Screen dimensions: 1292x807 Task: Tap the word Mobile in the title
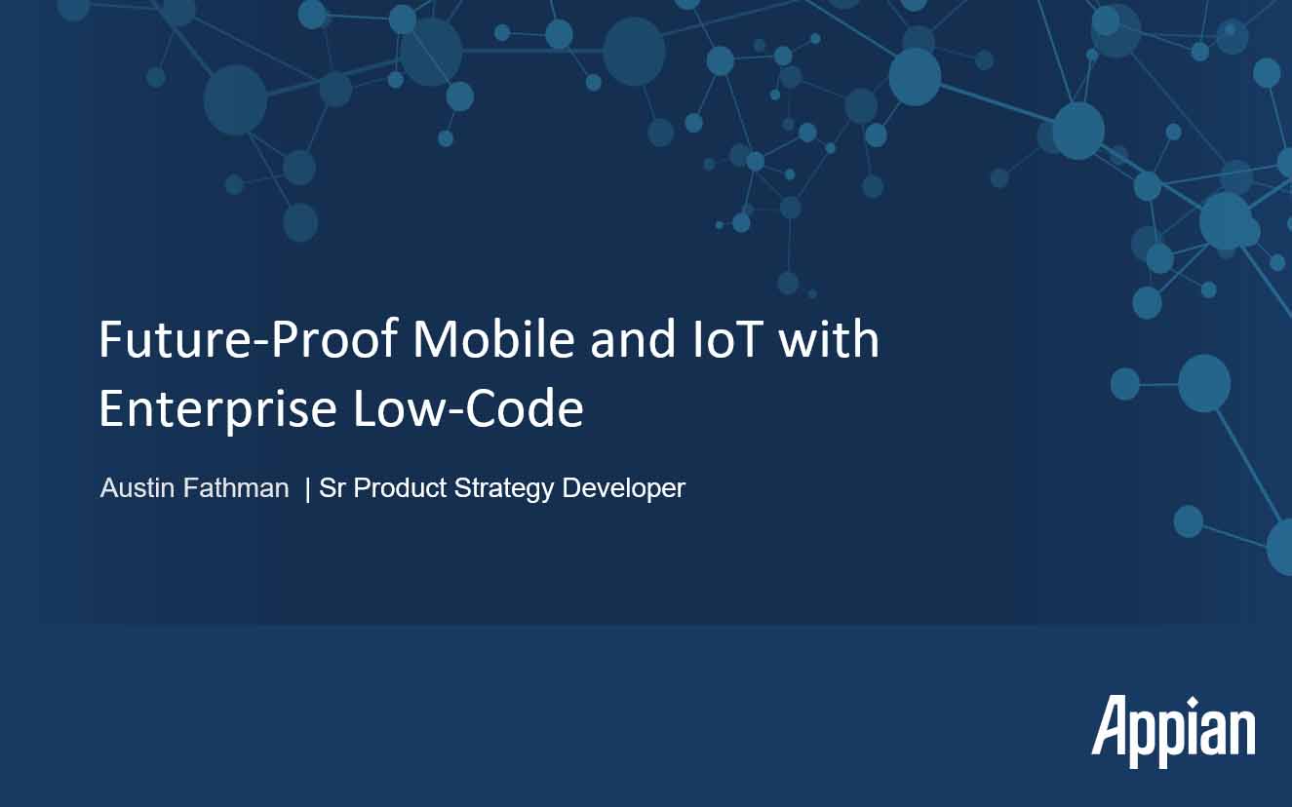pos(493,339)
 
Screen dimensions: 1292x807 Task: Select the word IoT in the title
pos(727,339)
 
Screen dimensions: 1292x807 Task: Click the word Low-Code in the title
pos(468,408)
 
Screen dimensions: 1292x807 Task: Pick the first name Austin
pos(137,487)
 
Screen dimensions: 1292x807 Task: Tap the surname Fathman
pos(236,487)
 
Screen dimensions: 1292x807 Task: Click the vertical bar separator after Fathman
pos(307,489)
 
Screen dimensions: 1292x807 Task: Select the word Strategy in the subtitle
pos(504,489)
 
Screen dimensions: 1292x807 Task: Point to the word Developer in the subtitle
pos(623,489)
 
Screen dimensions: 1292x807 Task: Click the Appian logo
pos(1173,732)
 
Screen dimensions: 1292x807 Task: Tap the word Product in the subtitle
pos(400,487)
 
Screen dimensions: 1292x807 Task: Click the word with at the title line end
pos(829,339)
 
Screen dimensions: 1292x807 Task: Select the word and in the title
pos(633,340)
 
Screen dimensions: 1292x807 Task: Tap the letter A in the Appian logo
pos(1112,724)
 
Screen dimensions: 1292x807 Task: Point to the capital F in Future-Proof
pos(111,339)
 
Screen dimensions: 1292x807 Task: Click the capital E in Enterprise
pos(111,408)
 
